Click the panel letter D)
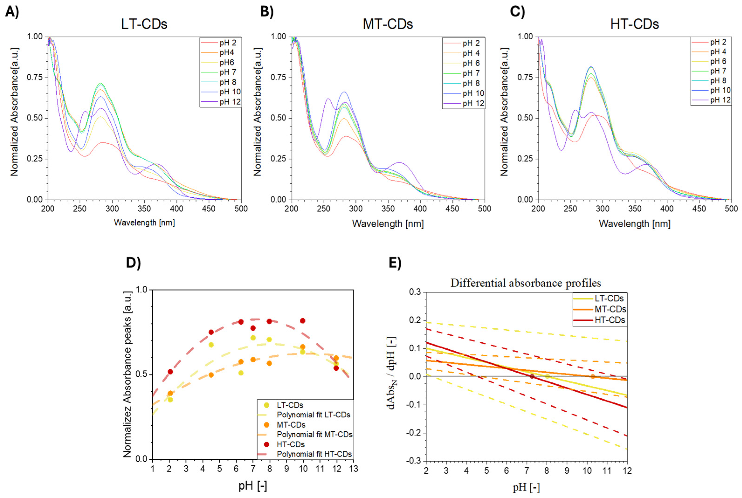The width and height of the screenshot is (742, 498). point(133,263)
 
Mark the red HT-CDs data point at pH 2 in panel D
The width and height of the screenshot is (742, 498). point(170,372)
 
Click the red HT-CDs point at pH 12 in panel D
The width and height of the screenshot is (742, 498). point(336,368)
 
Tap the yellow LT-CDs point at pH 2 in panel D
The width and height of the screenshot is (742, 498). point(170,400)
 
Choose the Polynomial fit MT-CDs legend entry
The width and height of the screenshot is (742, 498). point(314,434)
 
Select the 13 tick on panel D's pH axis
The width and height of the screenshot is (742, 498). point(354,469)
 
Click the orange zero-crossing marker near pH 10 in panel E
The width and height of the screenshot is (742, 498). point(592,376)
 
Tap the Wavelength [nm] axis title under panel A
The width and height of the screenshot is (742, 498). point(144,223)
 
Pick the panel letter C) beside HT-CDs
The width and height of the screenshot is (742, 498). point(517,12)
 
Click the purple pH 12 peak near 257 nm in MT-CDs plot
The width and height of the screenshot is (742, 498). point(328,99)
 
